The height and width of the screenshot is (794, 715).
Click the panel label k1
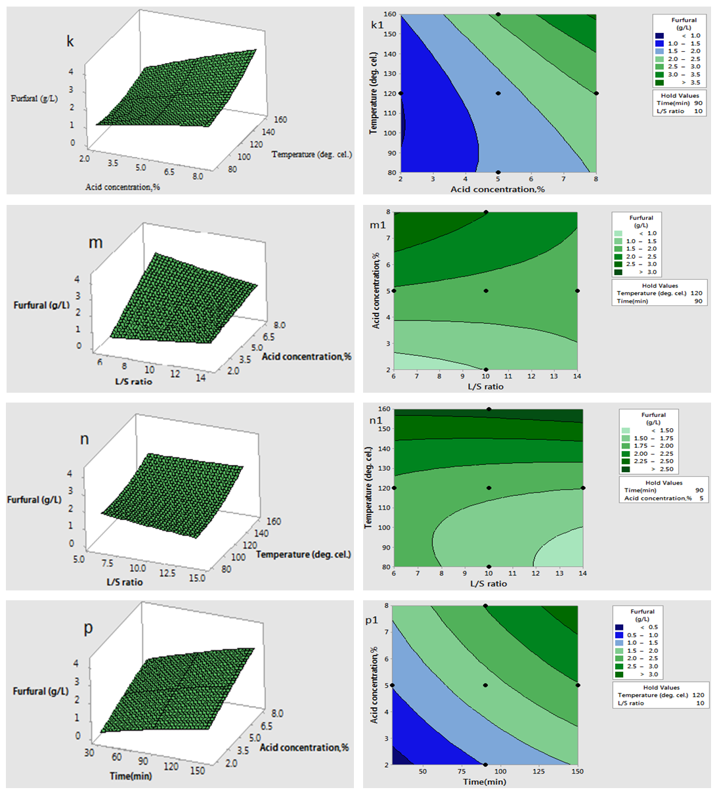coord(377,26)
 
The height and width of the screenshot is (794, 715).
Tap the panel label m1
coord(378,225)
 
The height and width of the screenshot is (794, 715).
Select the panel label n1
coord(376,420)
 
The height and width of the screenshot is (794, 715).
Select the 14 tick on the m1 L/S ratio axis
coord(577,376)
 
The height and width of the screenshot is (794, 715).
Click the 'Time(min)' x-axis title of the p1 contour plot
coord(485,782)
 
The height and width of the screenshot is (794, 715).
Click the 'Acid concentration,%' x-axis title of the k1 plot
coord(498,189)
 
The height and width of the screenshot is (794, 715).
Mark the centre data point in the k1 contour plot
coord(498,93)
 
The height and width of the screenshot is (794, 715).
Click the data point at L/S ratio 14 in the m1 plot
coord(577,291)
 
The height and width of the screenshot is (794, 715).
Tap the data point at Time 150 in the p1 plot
coord(578,685)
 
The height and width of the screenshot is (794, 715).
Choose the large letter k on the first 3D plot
coord(70,41)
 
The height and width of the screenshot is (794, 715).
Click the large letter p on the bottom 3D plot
coord(88,629)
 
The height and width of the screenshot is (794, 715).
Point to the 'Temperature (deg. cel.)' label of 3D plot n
coord(303,554)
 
